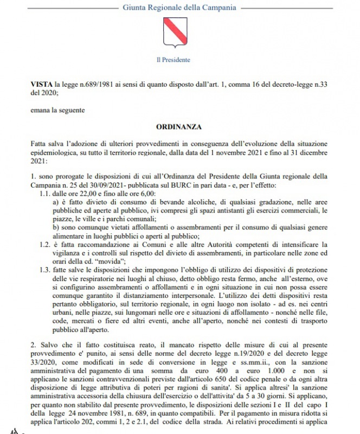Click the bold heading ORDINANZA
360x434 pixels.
point(179,127)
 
